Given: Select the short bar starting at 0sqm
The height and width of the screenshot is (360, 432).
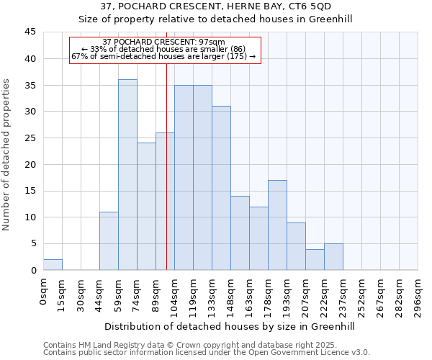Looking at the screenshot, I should [53, 265].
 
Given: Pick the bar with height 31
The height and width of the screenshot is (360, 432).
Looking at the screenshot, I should [221, 188].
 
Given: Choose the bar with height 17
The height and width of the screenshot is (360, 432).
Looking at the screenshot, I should [277, 225].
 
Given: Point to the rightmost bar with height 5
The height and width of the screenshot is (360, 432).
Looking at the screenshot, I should [333, 257].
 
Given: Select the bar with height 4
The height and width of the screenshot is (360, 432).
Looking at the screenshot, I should [315, 260].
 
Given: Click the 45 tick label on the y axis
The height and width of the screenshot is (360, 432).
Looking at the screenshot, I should [30, 32].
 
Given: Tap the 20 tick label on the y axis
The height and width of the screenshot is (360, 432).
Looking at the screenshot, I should [30, 164].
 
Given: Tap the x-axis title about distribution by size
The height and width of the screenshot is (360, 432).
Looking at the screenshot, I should [230, 326].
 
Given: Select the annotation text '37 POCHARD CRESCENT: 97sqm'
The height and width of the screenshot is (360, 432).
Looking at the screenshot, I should [164, 42].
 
